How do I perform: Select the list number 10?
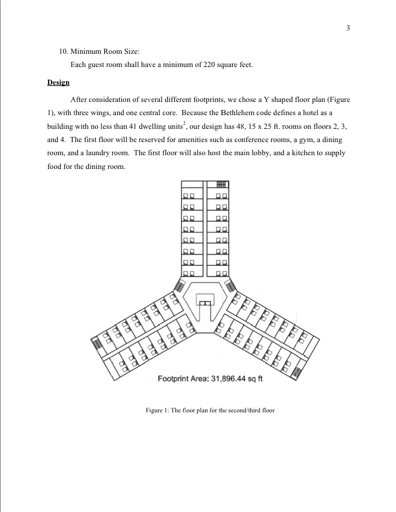[64, 52]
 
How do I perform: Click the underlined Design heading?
[58, 82]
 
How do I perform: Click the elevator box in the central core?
[205, 300]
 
